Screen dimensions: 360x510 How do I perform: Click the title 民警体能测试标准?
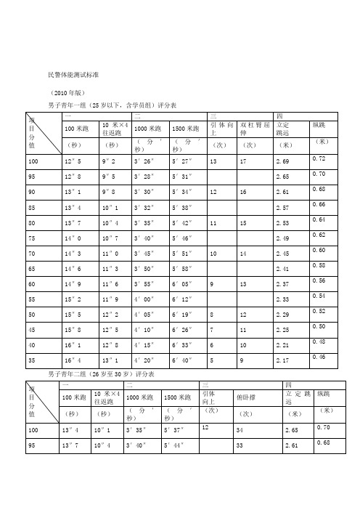pos(73,74)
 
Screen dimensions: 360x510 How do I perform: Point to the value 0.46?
pos(318,356)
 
